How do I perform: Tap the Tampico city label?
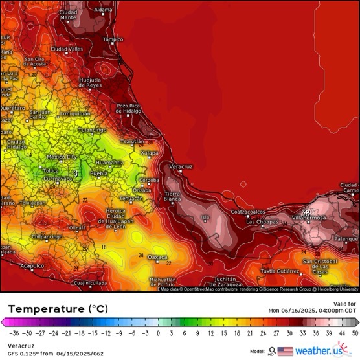click(113, 39)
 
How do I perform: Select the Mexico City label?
click(62, 157)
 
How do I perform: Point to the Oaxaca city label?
click(157, 257)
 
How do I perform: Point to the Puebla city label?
click(98, 174)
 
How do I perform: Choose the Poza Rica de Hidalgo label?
click(128, 108)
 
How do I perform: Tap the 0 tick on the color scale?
click(157, 332)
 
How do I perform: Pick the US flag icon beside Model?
click(285, 352)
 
